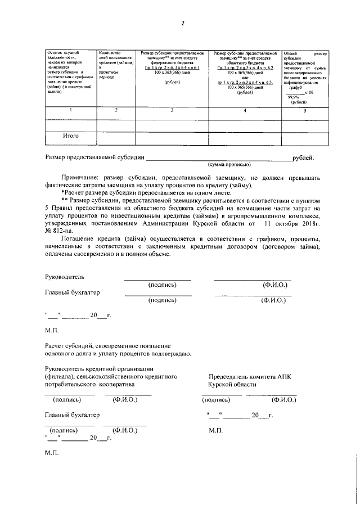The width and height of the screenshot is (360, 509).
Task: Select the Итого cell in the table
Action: pos(70,136)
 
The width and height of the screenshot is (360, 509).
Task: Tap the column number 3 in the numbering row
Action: pos(172,110)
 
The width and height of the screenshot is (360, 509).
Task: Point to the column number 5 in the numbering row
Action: pos(305,110)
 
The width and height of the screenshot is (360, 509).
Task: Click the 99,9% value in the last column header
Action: pos(293,97)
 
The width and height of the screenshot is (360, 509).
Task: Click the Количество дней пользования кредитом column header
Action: pos(115,63)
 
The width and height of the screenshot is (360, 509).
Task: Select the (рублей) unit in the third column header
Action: pos(172,83)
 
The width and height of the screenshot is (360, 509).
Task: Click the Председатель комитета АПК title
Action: pos(250,376)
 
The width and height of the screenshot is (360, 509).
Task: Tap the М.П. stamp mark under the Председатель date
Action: pos(215,430)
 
